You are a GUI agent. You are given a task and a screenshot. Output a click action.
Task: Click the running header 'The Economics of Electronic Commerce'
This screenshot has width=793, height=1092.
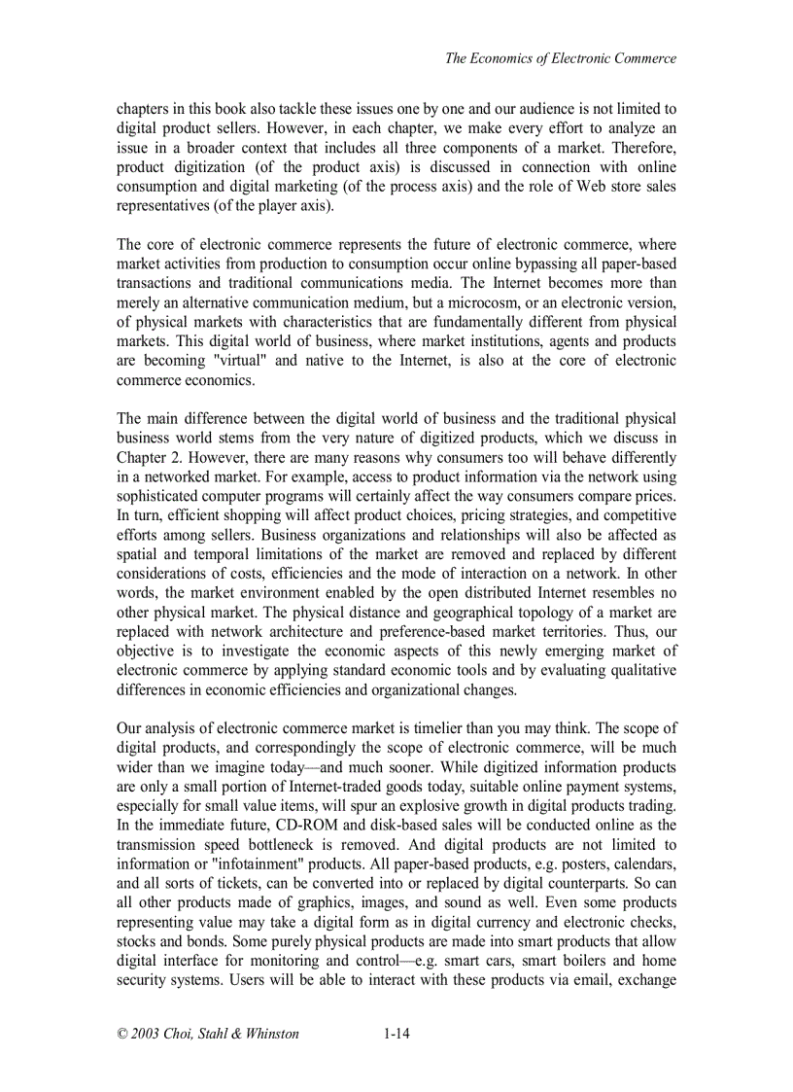560,58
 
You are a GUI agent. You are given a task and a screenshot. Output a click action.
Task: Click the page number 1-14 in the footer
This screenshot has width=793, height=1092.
396,1034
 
